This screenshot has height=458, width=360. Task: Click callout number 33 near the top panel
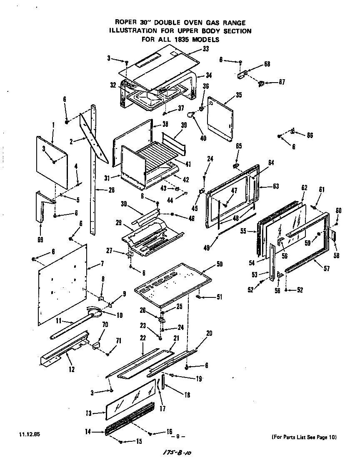coord(205,49)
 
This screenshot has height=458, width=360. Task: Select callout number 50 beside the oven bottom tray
coord(220,265)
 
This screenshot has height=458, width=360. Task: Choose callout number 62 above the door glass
coord(304,188)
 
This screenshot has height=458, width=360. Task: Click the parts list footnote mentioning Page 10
coord(304,437)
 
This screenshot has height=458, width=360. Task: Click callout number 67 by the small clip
coord(282,82)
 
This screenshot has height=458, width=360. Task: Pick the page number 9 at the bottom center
coord(177,437)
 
